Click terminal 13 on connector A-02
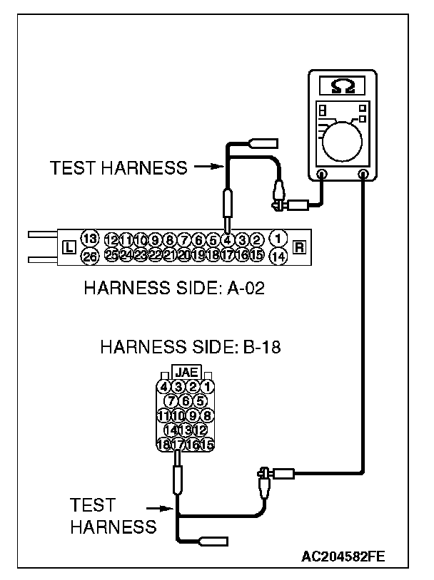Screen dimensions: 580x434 tap(89, 239)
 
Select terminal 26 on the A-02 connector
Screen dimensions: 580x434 tap(89, 256)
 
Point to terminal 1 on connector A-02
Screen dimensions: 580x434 tap(279, 237)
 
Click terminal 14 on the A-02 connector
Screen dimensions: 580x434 tap(279, 255)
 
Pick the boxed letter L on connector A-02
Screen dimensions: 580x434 tap(69, 247)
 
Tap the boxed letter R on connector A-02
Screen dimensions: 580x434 tap(300, 247)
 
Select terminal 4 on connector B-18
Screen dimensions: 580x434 tap(164, 387)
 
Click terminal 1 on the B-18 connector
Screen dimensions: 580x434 tap(208, 387)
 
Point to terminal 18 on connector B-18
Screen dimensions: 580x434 tap(163, 445)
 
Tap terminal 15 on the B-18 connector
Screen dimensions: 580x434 tap(208, 445)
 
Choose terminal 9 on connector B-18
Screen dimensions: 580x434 tap(192, 415)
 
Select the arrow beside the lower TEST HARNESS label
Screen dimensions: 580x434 tap(159, 509)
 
